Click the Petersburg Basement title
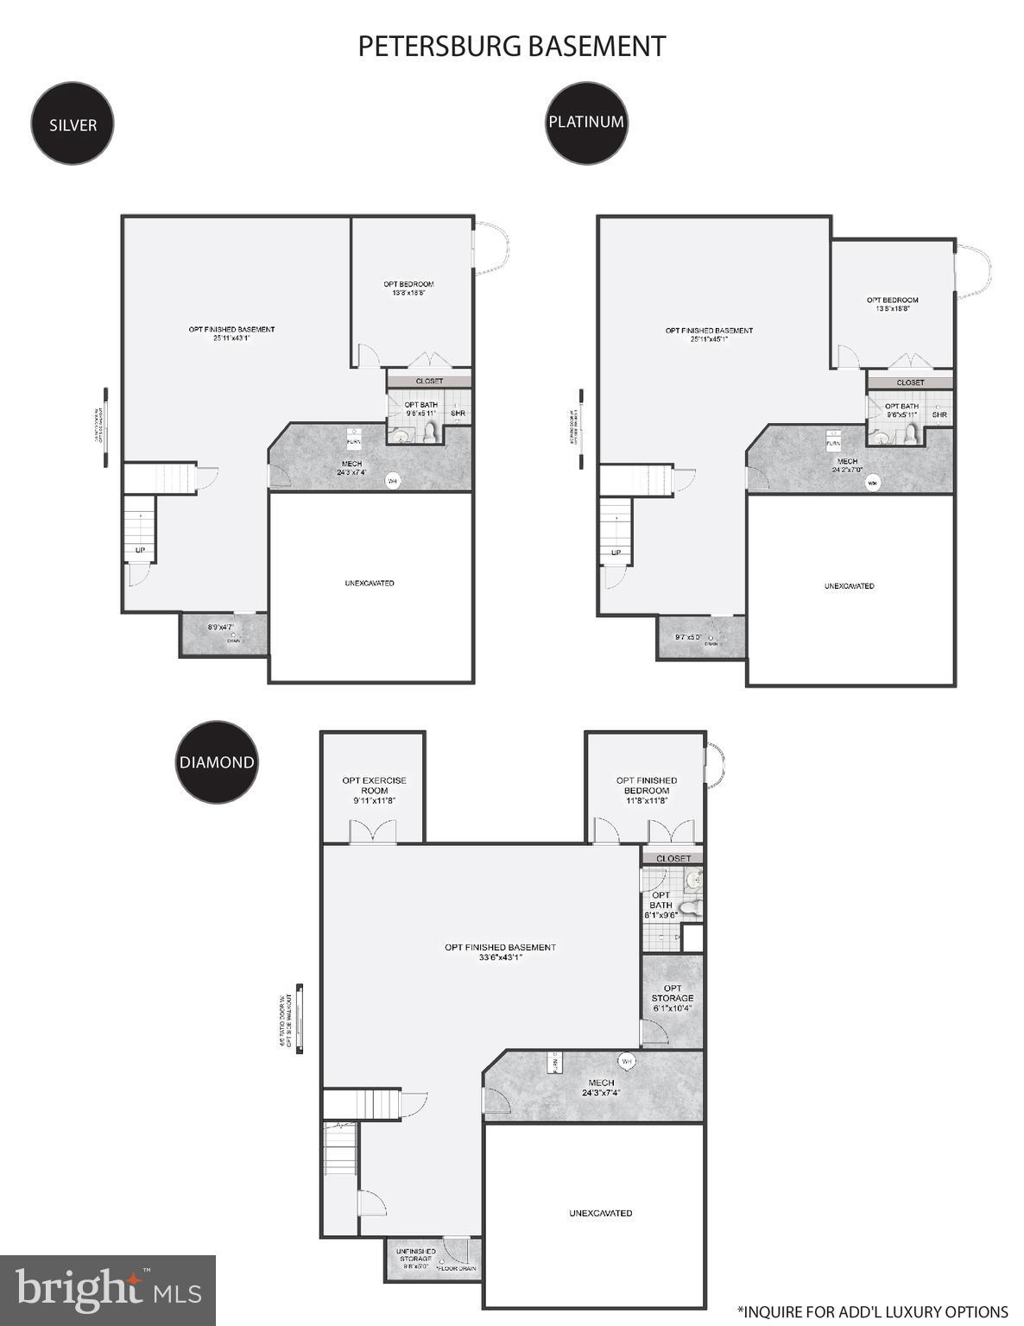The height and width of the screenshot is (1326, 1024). (512, 47)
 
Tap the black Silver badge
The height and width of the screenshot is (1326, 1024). (73, 124)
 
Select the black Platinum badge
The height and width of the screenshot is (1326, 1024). (586, 122)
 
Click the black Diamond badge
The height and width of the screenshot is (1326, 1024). (217, 762)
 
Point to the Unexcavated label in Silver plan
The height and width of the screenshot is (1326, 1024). (370, 584)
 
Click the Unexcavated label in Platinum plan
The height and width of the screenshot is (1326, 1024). (849, 586)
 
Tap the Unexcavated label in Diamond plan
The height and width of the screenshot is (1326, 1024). (601, 1213)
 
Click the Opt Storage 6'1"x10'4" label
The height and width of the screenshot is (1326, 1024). (673, 998)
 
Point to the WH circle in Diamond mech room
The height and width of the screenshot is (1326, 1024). (627, 1061)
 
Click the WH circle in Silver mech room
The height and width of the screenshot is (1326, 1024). (392, 481)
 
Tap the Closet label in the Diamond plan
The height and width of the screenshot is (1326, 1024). (673, 858)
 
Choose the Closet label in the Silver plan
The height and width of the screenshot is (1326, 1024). (429, 381)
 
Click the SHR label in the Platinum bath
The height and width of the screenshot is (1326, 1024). (939, 415)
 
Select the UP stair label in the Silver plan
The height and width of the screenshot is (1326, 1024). (140, 550)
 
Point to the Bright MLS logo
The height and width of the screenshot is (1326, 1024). (108, 1290)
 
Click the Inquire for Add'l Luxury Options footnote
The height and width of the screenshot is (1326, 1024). (872, 1312)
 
